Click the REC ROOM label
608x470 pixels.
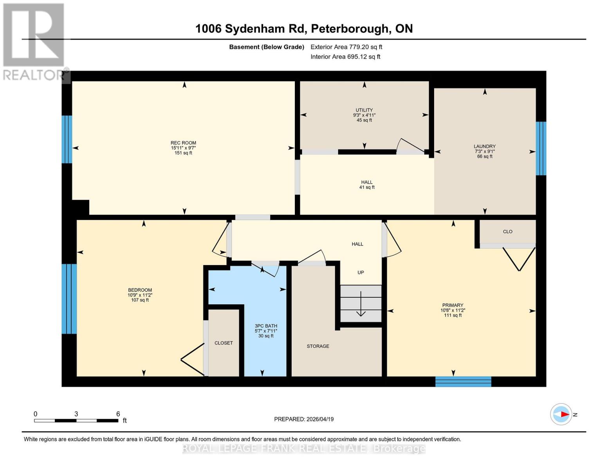pyautogui.click(x=183, y=143)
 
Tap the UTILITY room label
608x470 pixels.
pyautogui.click(x=364, y=110)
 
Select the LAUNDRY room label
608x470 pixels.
pyautogui.click(x=485, y=146)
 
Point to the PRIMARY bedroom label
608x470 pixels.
pyautogui.click(x=453, y=305)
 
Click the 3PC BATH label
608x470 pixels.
pyautogui.click(x=266, y=326)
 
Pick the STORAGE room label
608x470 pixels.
pyautogui.click(x=318, y=346)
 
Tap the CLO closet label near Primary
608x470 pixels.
pyautogui.click(x=507, y=231)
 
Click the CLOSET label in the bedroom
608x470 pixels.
pyautogui.click(x=224, y=343)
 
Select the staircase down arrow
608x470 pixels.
pyautogui.click(x=361, y=304)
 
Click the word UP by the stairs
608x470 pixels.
pyautogui.click(x=361, y=272)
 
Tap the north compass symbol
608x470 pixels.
pyautogui.click(x=561, y=414)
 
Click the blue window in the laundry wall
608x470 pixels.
pyautogui.click(x=541, y=148)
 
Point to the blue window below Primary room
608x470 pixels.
pyautogui.click(x=463, y=381)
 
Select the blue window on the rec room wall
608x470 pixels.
pyautogui.click(x=67, y=139)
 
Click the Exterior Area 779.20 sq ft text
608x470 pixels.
pyautogui.click(x=346, y=47)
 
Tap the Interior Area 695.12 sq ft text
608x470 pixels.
pyautogui.click(x=345, y=57)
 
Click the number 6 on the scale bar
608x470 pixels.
pyautogui.click(x=118, y=414)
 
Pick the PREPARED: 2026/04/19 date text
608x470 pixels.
pyautogui.click(x=304, y=419)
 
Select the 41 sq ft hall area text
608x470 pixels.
pyautogui.click(x=367, y=187)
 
